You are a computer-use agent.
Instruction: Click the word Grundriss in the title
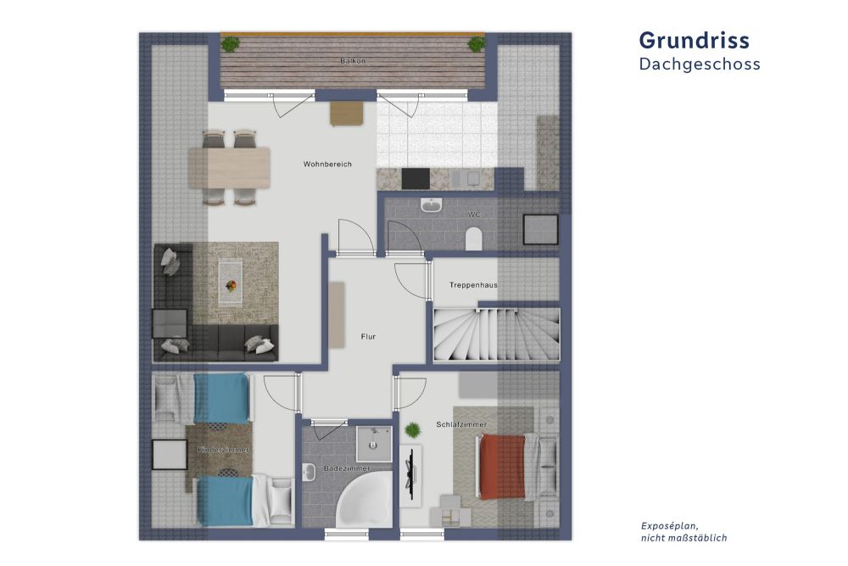(694, 40)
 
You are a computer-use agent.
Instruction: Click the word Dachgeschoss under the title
(700, 64)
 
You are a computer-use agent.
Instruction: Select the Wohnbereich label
(327, 164)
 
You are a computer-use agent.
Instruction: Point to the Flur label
(367, 337)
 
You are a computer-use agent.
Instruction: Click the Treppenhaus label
(473, 285)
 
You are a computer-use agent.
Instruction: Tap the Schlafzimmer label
(461, 424)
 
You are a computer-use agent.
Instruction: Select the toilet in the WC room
(474, 238)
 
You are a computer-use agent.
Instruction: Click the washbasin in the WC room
(432, 206)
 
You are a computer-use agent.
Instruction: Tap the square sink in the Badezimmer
(372, 442)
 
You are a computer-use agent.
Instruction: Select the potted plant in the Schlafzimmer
(412, 430)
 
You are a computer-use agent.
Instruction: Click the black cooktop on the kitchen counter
(415, 178)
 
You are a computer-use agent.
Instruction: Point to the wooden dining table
(229, 167)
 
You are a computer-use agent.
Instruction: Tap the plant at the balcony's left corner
(231, 43)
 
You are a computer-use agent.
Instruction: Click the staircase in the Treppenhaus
(495, 336)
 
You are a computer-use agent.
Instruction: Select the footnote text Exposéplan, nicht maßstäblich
(683, 532)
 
